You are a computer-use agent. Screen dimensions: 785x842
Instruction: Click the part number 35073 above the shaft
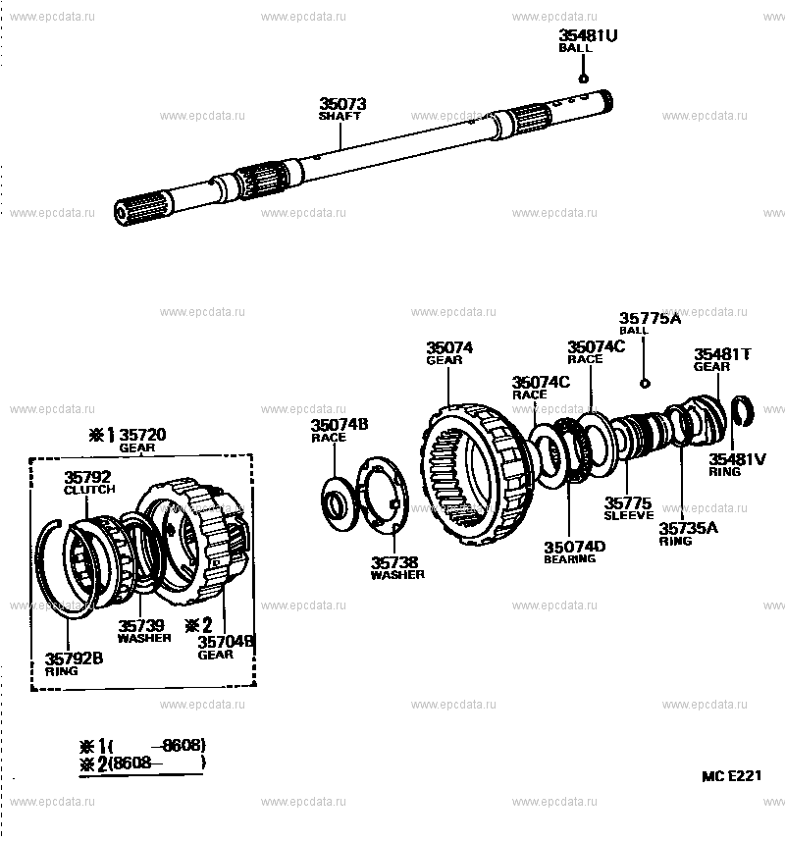point(342,104)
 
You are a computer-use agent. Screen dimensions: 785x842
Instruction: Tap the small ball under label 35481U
point(583,79)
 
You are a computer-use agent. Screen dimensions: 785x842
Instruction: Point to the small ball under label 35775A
point(645,384)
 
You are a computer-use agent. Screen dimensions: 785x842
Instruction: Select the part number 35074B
point(340,425)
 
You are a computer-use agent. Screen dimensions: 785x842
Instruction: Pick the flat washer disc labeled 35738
point(383,496)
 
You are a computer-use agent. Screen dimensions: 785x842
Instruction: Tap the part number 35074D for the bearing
point(574,548)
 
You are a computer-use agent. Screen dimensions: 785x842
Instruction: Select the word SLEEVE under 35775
point(629,515)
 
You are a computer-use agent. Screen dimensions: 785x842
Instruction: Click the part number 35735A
point(688,528)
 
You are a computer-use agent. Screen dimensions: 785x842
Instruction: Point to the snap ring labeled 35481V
point(743,411)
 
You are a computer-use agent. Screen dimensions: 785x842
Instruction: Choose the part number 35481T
point(722,354)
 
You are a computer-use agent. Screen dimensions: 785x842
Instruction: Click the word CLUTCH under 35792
point(89,490)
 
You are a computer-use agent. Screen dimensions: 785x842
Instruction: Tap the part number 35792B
point(74,658)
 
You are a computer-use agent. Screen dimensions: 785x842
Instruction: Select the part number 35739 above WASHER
point(141,625)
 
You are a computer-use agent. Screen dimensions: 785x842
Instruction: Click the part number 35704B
point(226,642)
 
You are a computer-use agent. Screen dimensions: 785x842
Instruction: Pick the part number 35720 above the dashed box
point(142,435)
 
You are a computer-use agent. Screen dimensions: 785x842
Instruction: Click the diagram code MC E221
point(731,776)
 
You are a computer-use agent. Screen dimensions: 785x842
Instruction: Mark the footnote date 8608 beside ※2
point(131,763)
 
